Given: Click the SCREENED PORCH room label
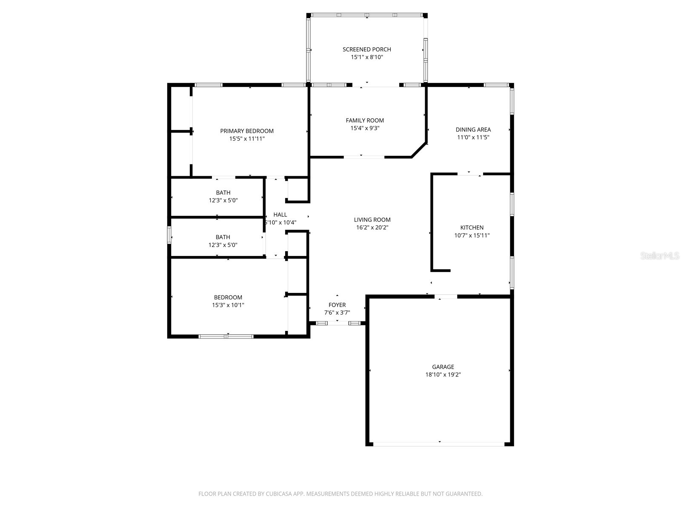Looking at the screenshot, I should pos(366,49).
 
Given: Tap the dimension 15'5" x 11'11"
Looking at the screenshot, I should pos(247,139).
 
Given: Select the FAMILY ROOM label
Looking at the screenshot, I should pos(365,121).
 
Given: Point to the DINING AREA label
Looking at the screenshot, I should pos(473,129).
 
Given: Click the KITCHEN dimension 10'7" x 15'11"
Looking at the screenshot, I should pos(472,235).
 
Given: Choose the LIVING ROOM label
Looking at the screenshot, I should pos(372,220).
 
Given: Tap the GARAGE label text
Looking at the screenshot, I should pos(443,367).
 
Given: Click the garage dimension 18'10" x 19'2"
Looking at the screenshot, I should pos(443,375).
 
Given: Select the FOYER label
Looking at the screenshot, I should pos(337,305).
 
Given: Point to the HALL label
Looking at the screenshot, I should pos(280,215).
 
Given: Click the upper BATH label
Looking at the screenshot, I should pos(223,193).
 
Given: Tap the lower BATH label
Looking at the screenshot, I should pos(223,237).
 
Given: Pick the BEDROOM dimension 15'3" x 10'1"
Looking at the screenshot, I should pos(228,305).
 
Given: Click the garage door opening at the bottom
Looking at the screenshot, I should pos(439,444).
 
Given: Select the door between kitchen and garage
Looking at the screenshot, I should pos(446,296).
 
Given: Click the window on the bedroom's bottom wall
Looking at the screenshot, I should pos(226,336).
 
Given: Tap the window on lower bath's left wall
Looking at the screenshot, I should pos(169,235).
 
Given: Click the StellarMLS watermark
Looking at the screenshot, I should pos(660,256).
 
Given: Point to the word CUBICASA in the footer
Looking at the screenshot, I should pos(279,494).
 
